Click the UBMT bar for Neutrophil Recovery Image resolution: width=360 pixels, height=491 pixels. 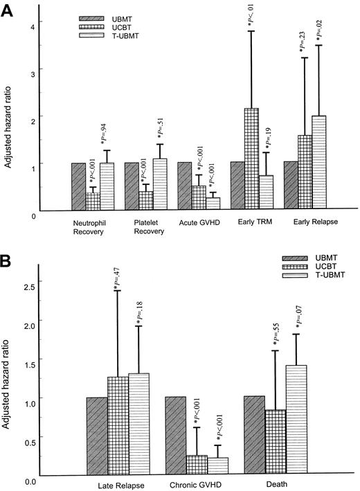tap(78, 186)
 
